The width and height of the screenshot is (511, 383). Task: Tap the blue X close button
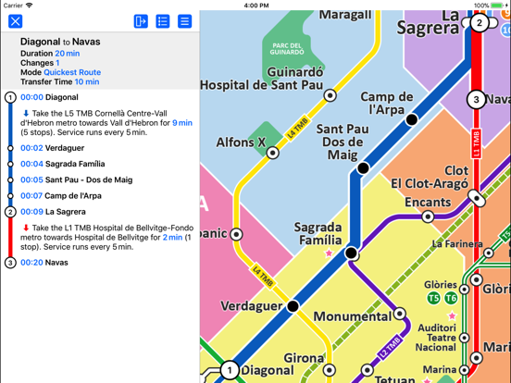click(16, 20)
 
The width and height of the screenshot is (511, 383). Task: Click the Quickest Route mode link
click(73, 72)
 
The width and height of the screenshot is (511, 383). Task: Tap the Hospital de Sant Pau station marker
click(330, 95)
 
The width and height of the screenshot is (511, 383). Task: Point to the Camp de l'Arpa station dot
click(412, 119)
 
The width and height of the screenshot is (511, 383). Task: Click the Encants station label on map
click(427, 202)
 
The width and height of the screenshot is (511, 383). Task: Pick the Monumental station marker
click(399, 314)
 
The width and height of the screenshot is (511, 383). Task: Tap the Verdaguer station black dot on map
click(293, 306)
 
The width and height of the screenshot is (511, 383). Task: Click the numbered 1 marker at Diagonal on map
click(229, 370)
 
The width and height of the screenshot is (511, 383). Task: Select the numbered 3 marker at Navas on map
click(476, 99)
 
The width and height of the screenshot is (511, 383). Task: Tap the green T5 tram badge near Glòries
click(432, 298)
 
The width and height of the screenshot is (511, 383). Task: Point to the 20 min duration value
click(67, 54)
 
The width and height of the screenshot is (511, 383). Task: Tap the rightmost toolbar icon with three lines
click(184, 20)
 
